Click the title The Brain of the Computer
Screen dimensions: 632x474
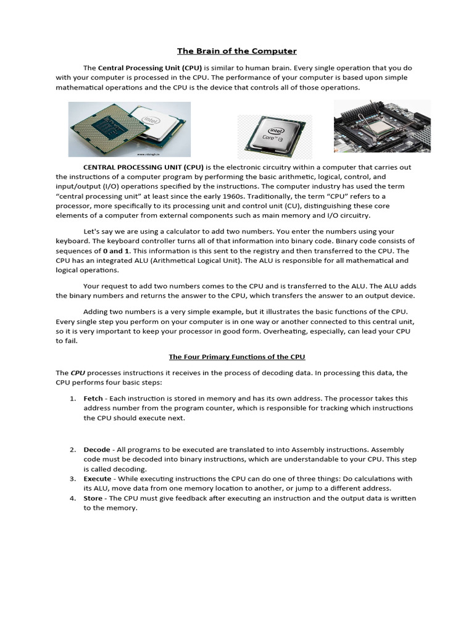pos(237,51)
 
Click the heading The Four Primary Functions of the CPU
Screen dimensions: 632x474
pos(237,357)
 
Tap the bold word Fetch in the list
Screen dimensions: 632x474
pos(93,399)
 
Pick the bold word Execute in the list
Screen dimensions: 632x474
pos(98,479)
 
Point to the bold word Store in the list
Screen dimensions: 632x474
pos(93,498)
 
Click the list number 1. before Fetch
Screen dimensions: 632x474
pos(73,399)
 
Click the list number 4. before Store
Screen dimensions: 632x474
pos(73,498)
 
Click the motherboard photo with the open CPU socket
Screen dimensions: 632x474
pos(383,126)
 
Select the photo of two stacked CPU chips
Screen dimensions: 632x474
pos(129,129)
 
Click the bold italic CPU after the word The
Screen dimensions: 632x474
pos(78,373)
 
